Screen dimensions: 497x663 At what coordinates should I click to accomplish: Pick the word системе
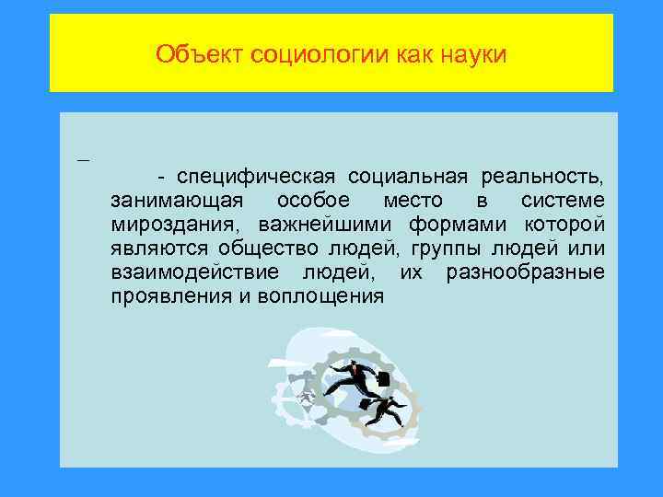pyautogui.click(x=562, y=200)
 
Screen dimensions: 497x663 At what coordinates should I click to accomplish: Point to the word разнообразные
pyautogui.click(x=525, y=272)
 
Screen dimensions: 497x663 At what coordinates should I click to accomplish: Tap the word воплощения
pyautogui.click(x=326, y=295)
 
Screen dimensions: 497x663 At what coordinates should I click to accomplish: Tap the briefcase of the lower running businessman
pyautogui.click(x=366, y=404)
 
